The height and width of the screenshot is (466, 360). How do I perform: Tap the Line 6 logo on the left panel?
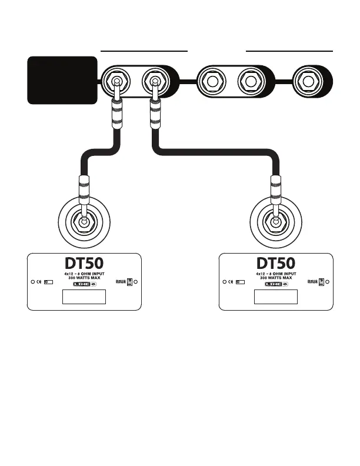coord(84,284)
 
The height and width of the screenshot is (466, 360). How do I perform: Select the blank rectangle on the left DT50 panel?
coord(84,297)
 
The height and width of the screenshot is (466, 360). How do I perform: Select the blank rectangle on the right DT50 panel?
coord(275,297)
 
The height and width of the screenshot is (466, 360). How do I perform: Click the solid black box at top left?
coord(62,79)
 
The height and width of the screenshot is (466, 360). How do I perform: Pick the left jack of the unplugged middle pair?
coord(212,81)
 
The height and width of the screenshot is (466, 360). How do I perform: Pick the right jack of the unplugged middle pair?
coord(249,81)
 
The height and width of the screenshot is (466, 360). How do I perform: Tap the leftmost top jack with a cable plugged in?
coord(117,81)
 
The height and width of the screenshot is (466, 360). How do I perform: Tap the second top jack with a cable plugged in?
coord(154,81)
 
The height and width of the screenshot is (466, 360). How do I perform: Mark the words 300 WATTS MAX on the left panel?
coord(84,278)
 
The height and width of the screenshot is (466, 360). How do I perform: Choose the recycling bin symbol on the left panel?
coord(130,281)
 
